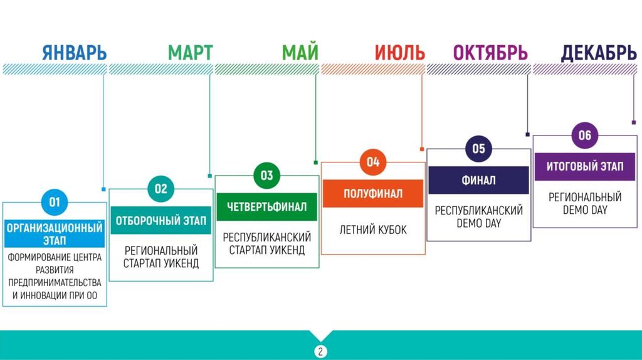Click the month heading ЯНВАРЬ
point(74,53)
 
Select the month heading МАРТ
point(190,53)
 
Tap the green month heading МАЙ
point(300,53)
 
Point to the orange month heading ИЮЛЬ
point(399,53)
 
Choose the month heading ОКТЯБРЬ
point(490,53)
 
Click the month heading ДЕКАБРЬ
point(598,53)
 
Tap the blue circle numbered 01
point(55,202)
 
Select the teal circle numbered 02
point(161,189)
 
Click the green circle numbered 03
point(267,175)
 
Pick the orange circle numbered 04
point(373,162)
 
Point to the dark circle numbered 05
point(479,149)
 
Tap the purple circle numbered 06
point(585,135)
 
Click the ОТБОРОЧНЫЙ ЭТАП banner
point(161,220)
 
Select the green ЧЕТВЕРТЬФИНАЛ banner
point(267,207)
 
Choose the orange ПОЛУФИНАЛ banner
point(373,194)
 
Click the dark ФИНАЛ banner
point(479,180)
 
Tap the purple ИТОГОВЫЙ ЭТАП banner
point(585,167)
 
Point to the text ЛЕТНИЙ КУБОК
point(373,230)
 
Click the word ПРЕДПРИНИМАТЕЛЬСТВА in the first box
point(55,282)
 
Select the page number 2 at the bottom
point(320,351)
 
